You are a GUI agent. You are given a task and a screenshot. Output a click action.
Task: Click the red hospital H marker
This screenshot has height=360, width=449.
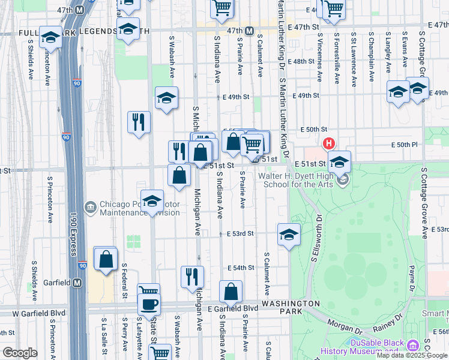click(328, 143)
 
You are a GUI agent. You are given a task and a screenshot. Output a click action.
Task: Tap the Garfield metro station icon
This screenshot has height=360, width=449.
click(77, 282)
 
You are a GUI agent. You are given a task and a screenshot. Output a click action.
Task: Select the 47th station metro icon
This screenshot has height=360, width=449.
click(249, 31)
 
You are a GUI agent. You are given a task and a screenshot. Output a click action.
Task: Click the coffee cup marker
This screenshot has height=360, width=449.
click(149, 303)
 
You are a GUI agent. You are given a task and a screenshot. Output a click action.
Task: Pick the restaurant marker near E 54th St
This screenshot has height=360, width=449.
click(192, 277)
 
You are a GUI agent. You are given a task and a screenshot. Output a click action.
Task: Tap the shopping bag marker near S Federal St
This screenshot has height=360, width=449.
click(106, 260)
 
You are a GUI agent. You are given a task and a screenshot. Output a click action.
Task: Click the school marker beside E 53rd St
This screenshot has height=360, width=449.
click(289, 235)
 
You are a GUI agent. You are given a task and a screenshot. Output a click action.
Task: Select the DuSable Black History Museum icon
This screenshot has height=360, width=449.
click(412, 346)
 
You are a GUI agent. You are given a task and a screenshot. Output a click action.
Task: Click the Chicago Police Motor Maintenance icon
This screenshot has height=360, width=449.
click(91, 207)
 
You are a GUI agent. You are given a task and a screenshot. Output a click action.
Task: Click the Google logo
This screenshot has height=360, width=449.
click(20, 353)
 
